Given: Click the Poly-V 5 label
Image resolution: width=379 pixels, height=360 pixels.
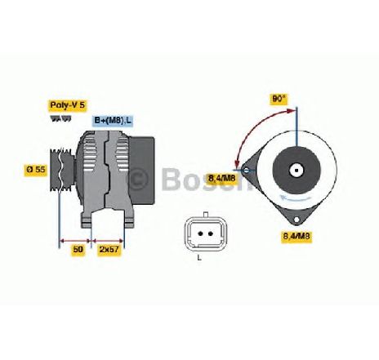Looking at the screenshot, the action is [68, 105].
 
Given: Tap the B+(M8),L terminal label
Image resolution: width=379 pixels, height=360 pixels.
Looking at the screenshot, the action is [113, 121].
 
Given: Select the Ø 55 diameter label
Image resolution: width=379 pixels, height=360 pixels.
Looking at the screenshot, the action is [36, 169].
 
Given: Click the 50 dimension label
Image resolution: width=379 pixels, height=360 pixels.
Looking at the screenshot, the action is [78, 249].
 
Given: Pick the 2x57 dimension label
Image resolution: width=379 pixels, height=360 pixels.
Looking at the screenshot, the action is [109, 249].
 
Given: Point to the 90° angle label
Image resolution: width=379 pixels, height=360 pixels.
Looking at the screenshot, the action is [279, 99].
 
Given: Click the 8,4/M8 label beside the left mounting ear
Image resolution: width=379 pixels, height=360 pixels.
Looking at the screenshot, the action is [222, 178].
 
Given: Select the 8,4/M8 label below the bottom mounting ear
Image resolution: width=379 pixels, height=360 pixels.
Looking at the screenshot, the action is [297, 236].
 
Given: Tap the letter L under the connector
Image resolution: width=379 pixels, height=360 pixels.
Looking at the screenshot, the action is [199, 257].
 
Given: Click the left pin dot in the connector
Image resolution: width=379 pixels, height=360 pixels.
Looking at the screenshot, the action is [201, 233].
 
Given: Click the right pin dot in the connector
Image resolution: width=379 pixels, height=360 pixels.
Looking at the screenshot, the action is [210, 233].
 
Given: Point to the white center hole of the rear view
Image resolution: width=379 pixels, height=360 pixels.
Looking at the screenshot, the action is [297, 171].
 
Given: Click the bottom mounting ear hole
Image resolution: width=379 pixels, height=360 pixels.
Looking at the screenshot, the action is [297, 220].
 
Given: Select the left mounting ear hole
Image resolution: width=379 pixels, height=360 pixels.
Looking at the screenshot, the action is [246, 171].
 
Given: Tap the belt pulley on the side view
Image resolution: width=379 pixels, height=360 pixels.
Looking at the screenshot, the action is [62, 170].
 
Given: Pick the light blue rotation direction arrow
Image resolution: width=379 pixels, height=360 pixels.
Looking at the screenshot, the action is [296, 198].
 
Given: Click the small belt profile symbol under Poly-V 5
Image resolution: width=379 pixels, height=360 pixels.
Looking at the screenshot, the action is [61, 118].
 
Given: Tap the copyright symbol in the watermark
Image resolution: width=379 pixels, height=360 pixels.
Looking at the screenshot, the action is [139, 178].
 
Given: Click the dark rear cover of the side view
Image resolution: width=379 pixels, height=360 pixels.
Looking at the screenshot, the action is [142, 171].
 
